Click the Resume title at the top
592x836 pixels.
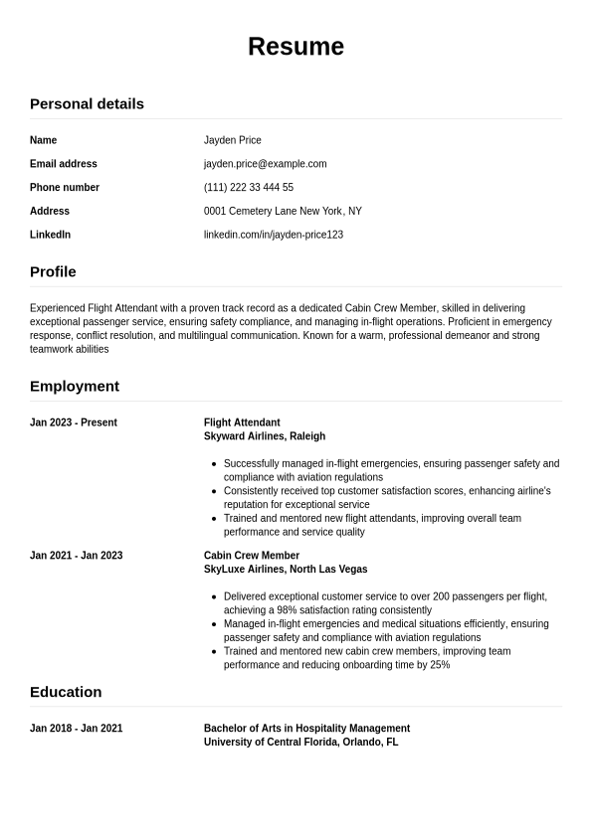point(296,47)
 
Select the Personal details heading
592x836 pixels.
point(87,103)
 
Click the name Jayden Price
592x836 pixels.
point(233,140)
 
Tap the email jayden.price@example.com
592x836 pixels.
point(265,164)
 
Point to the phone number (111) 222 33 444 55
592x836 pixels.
point(249,188)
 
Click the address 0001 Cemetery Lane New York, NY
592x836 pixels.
point(283,211)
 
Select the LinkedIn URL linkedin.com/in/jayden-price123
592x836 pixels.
point(274,235)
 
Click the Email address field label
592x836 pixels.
point(64,164)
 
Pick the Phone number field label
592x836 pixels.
point(65,188)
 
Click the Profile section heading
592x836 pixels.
point(53,271)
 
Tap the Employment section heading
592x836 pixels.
point(75,386)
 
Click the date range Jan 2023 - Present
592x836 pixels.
point(74,422)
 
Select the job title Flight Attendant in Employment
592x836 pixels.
point(242,422)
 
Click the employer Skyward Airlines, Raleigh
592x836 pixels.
point(265,436)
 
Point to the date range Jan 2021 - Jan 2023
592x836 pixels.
point(77,556)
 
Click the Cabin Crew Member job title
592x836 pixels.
point(252,556)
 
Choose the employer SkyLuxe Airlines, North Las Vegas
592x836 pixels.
point(286,570)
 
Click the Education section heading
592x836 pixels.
point(66,692)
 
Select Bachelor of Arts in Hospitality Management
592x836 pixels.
point(306,729)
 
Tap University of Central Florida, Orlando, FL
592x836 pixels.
point(300,743)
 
